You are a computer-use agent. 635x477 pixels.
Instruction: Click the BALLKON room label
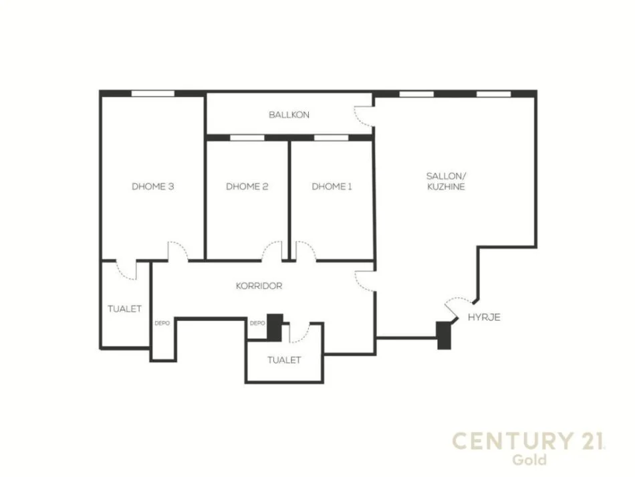pos(289,115)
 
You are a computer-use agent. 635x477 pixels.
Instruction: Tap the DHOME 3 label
pos(153,187)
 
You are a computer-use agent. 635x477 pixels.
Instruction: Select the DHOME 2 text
pos(247,187)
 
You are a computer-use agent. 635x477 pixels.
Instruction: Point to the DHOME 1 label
pos(332,187)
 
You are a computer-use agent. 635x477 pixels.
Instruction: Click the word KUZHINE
pos(445,187)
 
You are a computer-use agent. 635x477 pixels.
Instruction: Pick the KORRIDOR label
pos(259,286)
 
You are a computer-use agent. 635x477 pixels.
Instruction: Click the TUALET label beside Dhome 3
pos(124,308)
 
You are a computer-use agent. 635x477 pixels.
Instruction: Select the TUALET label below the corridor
pos(284,360)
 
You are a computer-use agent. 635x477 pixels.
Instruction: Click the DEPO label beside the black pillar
pos(257,323)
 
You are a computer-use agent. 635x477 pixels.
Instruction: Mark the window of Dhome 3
pos(152,94)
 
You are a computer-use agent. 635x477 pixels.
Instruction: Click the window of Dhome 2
pos(247,138)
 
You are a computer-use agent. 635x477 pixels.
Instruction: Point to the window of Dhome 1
pos(332,138)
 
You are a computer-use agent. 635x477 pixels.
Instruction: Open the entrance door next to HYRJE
pos(457,306)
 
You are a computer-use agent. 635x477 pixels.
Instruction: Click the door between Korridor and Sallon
pos(364,281)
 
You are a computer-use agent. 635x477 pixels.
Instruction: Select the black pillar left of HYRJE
pos(442,335)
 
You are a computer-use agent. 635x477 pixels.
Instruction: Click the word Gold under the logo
pos(529,460)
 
